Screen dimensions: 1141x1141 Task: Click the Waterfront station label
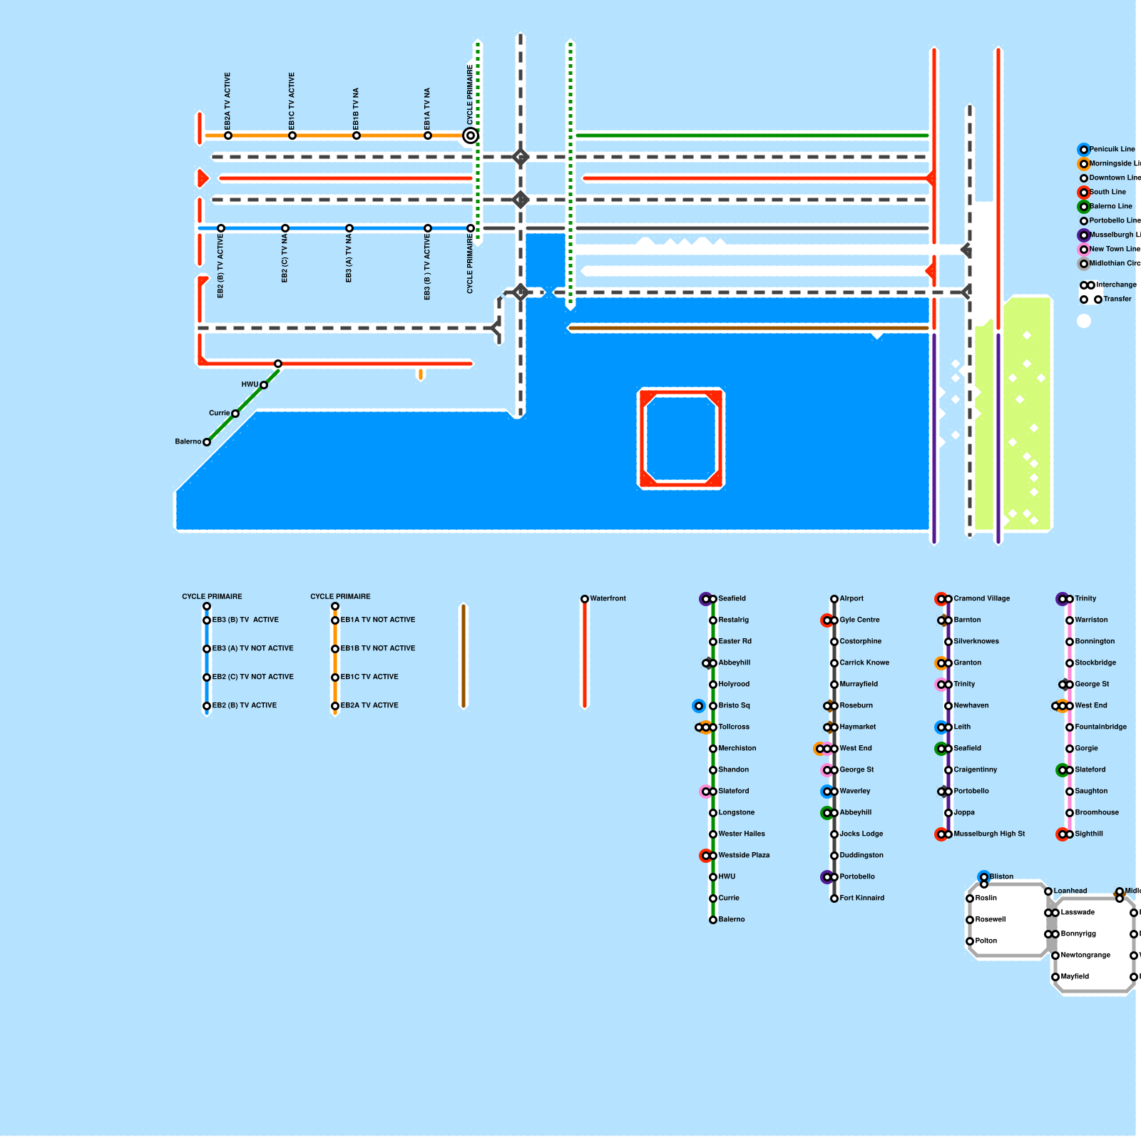tap(608, 598)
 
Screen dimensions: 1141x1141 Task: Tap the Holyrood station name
tap(734, 684)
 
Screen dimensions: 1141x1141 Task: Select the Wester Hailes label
tap(742, 834)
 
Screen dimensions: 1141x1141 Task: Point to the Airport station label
tap(851, 598)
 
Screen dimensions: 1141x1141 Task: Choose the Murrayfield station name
tap(859, 684)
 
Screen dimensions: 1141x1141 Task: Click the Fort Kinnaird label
tap(861, 898)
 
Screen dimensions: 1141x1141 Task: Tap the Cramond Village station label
tap(981, 598)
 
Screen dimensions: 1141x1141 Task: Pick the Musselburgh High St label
tap(989, 834)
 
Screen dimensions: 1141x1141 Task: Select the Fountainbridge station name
tap(1101, 727)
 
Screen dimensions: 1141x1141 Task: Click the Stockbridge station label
tap(1095, 662)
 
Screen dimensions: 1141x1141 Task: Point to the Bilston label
tap(1001, 876)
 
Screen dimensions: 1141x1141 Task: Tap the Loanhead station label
tap(1070, 891)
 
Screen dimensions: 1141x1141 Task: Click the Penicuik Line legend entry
tap(1112, 149)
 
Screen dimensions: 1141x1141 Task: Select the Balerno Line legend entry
tap(1110, 206)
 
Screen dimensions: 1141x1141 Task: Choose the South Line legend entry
tap(1107, 192)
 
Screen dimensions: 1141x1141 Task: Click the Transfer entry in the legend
tap(1117, 299)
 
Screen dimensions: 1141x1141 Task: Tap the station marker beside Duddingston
tap(834, 856)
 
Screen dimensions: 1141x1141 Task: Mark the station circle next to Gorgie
tap(1070, 749)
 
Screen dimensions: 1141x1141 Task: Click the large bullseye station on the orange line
tap(471, 135)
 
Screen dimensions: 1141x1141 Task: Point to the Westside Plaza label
tap(744, 855)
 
